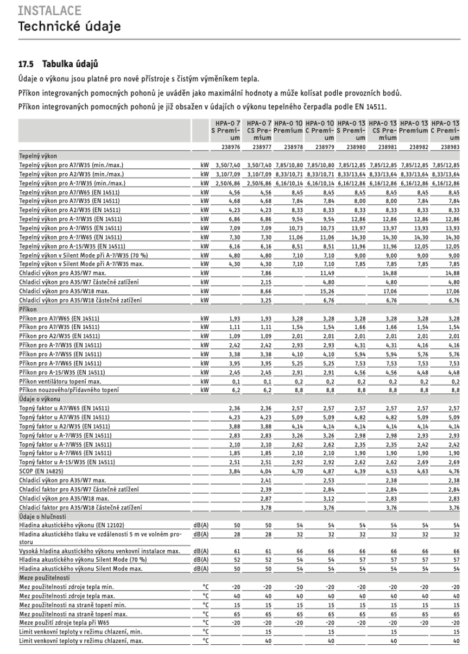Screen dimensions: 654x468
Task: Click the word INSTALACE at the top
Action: click(42, 10)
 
